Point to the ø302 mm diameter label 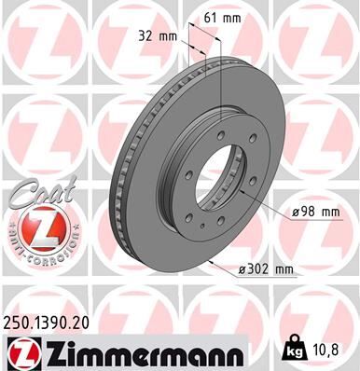coord(265,270)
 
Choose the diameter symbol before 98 coord(294,213)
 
